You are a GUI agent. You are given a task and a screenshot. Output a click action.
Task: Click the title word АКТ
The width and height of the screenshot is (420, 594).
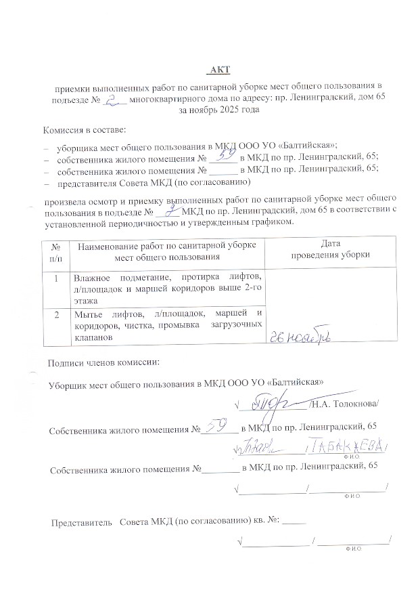coord(219,70)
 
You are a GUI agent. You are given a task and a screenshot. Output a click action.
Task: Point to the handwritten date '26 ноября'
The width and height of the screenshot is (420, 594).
coord(302,337)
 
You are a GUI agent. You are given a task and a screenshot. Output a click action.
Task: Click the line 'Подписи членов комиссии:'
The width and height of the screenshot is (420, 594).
coord(103,362)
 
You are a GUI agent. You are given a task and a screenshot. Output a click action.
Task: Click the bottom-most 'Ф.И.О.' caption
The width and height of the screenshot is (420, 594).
coord(353,548)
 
